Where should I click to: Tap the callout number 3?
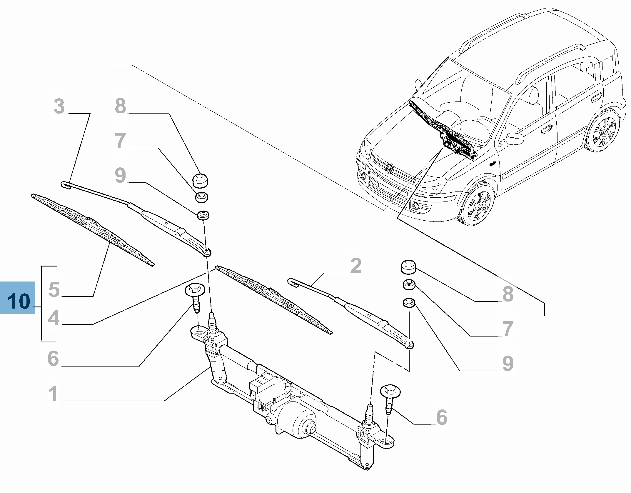pos(59,106)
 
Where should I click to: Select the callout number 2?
pos(356,266)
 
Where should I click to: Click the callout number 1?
pos(53,394)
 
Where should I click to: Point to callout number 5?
pos(54,289)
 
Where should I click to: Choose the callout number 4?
pos(54,318)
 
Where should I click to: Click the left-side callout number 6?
pos(53,359)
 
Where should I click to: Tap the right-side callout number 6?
pos(441,417)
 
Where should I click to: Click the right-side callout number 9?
pos(508,364)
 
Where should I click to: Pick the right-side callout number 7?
pos(508,329)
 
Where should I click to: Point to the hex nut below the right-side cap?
pos(408,284)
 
